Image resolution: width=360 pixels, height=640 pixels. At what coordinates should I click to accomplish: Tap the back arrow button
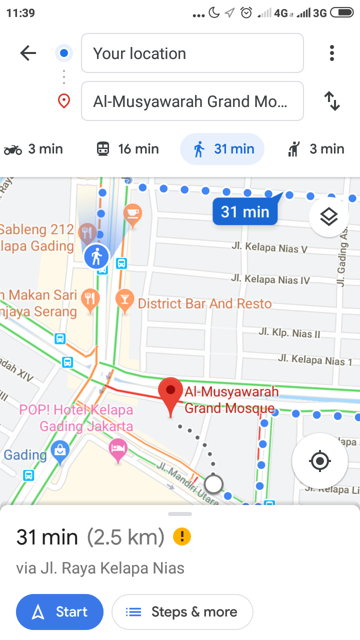click(28, 53)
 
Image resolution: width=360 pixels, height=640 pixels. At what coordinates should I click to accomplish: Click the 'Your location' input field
click(192, 53)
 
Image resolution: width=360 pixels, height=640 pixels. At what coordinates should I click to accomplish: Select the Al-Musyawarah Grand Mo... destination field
click(192, 101)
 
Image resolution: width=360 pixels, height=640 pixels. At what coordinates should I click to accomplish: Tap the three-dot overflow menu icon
click(331, 53)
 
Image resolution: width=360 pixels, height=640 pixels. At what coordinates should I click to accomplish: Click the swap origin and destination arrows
click(331, 101)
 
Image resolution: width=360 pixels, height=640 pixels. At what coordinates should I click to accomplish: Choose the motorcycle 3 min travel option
click(33, 149)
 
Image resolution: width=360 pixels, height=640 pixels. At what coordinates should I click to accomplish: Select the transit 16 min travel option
click(127, 149)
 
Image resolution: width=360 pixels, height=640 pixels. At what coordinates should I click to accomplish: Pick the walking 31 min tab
click(222, 149)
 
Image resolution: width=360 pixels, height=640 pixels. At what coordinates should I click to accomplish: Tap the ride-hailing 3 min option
click(316, 149)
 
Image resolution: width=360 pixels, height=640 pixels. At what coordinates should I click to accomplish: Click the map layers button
click(328, 216)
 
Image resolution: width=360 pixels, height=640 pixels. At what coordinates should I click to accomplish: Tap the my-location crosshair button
click(320, 460)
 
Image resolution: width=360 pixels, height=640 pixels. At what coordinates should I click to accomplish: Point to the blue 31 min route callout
click(245, 211)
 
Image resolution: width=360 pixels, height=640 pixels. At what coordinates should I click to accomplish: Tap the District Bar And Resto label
click(204, 303)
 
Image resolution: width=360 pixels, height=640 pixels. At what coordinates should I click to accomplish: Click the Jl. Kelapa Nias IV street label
click(270, 279)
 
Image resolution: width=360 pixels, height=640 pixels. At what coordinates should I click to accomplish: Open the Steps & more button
click(182, 611)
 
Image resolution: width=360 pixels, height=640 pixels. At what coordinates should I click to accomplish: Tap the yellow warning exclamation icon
click(182, 537)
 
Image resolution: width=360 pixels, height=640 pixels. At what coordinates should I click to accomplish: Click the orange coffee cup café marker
click(132, 213)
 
